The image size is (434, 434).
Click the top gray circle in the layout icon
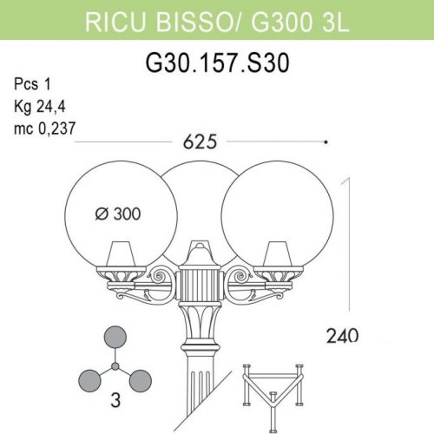pos(115,338)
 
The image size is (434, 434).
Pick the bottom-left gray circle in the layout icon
pos(91,379)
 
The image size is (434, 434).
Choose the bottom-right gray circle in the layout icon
pos(138,379)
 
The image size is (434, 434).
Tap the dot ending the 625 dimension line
pos(325,141)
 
